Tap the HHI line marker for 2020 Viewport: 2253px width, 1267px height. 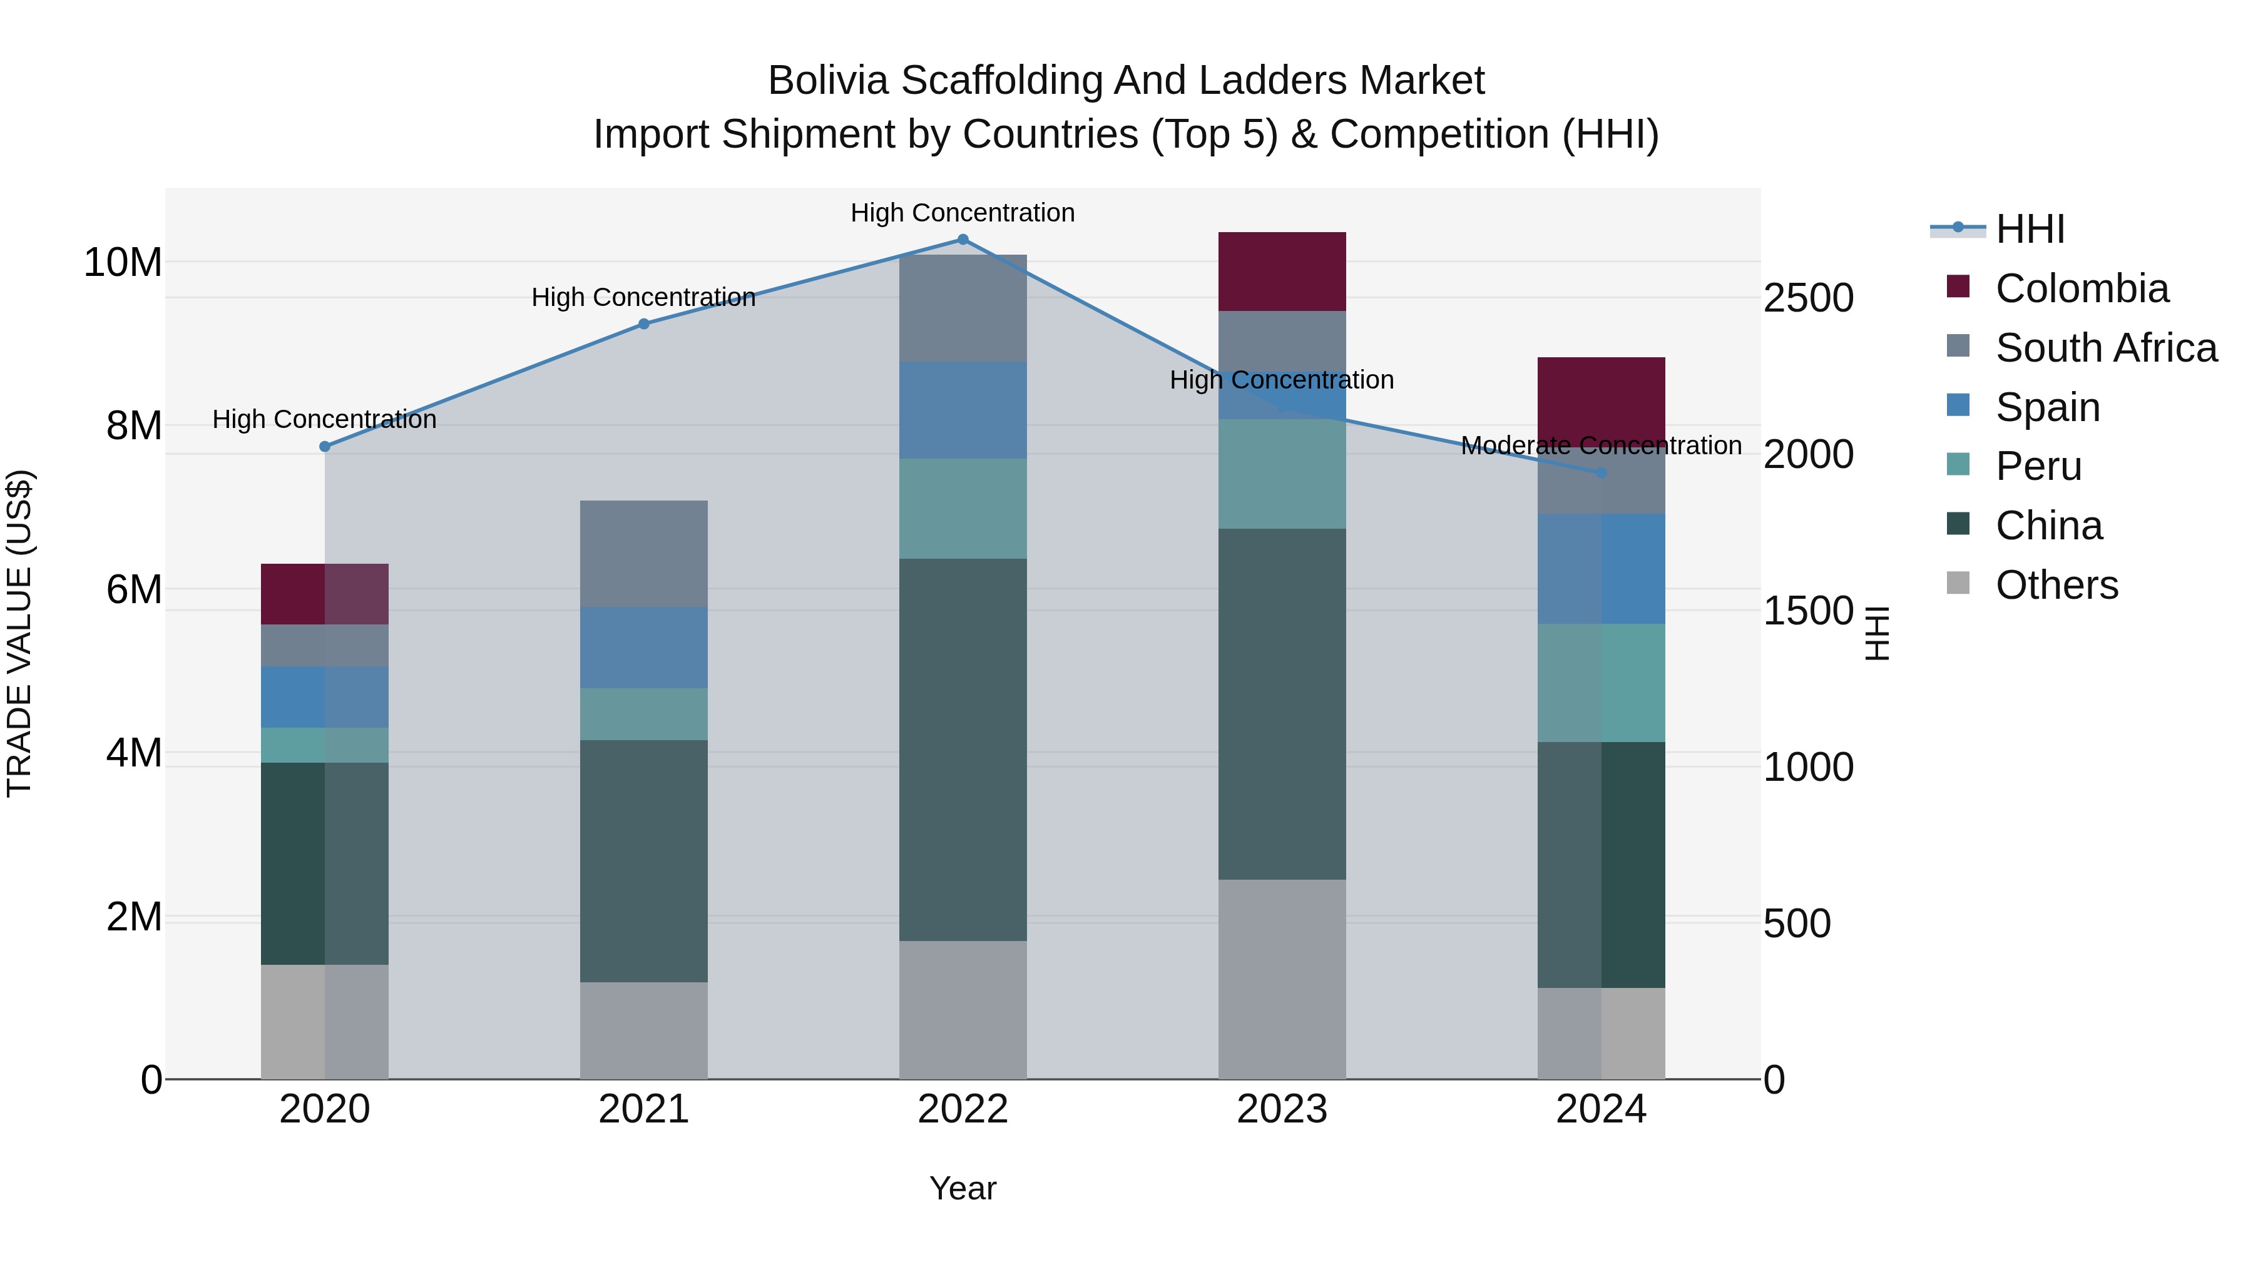324,446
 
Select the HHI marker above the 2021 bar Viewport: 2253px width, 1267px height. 644,323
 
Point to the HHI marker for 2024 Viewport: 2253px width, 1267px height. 1602,472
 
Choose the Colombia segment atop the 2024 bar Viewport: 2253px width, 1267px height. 1602,398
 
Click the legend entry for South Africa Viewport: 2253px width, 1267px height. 2105,348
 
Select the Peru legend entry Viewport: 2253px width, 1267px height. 2038,466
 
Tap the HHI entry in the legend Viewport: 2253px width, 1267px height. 2029,229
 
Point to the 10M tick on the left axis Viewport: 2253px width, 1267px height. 123,262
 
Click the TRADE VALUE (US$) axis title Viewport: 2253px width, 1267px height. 19,633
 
